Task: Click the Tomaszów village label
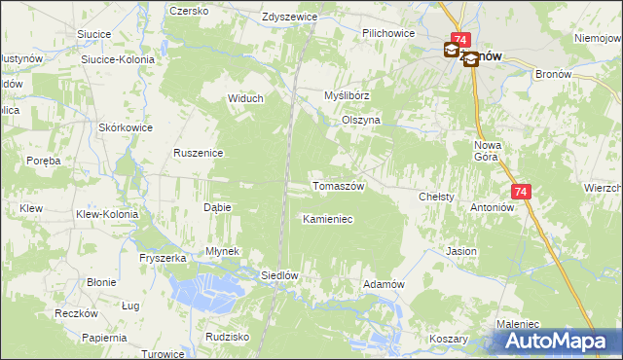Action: pyautogui.click(x=337, y=186)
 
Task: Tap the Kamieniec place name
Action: pyautogui.click(x=327, y=219)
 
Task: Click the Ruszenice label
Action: pyautogui.click(x=199, y=153)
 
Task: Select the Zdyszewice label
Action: pyautogui.click(x=291, y=18)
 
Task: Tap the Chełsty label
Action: pyautogui.click(x=436, y=197)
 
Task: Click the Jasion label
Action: pyautogui.click(x=461, y=251)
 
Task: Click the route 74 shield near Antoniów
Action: pyautogui.click(x=520, y=193)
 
